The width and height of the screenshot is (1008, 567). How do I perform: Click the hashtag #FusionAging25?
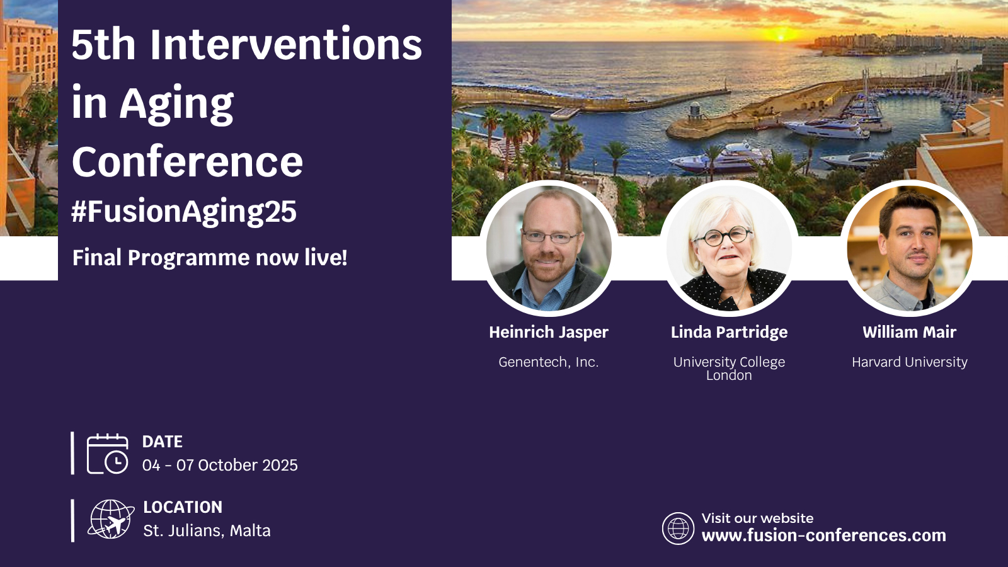click(x=184, y=211)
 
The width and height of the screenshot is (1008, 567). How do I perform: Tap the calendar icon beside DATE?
click(x=108, y=454)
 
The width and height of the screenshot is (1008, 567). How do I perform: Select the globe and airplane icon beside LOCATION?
click(x=111, y=519)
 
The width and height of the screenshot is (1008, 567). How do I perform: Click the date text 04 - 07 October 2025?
click(x=220, y=466)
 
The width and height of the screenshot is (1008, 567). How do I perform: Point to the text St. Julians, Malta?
click(x=207, y=531)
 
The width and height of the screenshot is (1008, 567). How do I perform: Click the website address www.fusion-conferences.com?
click(x=824, y=535)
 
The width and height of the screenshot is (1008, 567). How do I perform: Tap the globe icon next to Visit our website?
click(x=678, y=529)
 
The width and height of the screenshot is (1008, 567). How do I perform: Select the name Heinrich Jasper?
click(x=549, y=333)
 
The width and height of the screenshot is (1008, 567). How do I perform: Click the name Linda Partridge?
click(x=729, y=333)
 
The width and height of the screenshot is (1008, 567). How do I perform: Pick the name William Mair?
click(x=910, y=332)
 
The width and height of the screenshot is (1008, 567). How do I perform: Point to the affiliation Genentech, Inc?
click(x=549, y=362)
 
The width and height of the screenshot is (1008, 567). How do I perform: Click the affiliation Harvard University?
click(x=910, y=362)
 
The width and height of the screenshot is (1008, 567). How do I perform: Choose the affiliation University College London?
click(x=729, y=369)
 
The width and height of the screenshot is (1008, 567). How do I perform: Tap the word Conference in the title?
click(x=187, y=163)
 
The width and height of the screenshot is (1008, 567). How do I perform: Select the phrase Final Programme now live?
click(x=210, y=258)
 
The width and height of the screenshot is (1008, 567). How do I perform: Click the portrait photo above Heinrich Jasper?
click(x=549, y=248)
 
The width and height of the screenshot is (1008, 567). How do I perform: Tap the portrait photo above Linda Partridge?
click(x=729, y=248)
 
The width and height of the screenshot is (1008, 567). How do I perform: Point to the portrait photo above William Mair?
click(x=910, y=248)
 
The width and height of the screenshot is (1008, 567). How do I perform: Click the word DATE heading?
click(x=163, y=442)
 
